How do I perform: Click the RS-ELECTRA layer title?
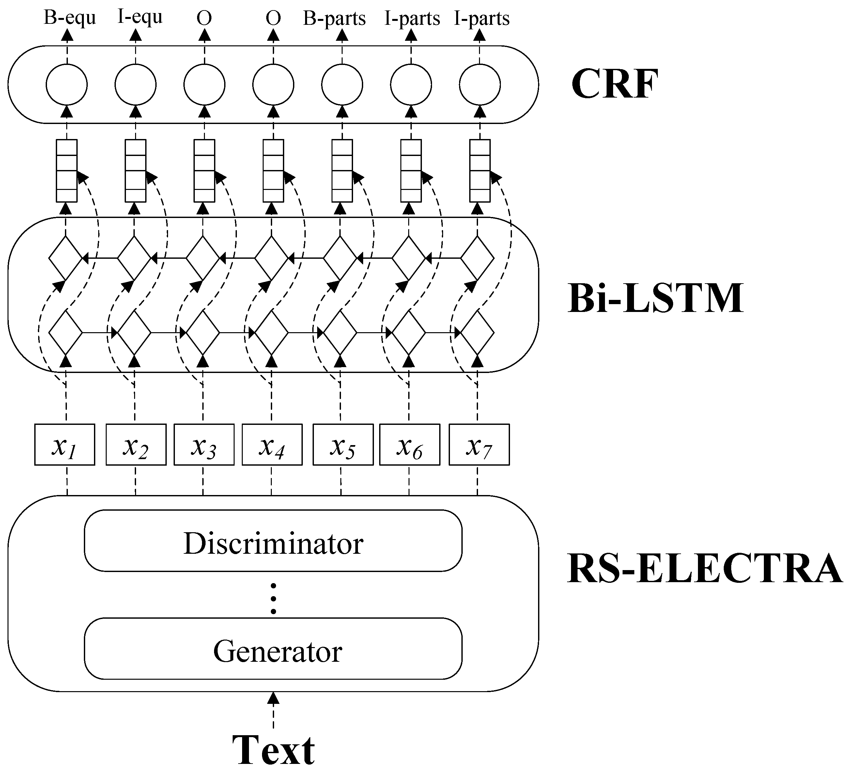(704, 569)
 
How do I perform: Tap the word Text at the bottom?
(273, 751)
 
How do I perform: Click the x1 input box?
(65, 445)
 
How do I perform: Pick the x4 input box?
(272, 445)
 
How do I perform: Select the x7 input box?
(479, 445)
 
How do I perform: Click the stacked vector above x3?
(204, 171)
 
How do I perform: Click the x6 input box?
(410, 445)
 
